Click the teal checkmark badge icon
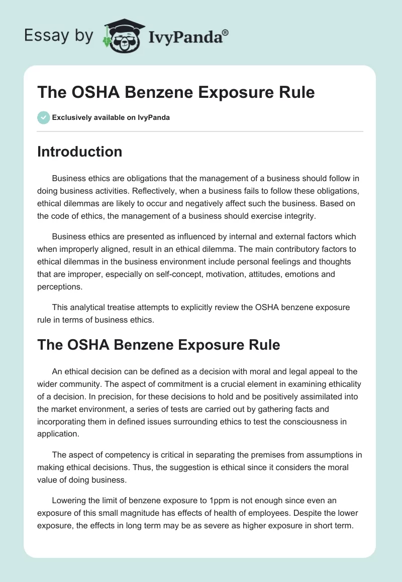point(43,117)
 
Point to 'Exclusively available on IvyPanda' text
point(111,117)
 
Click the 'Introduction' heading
point(79,152)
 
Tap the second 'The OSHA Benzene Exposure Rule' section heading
point(158,345)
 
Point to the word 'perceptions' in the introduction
point(59,287)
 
